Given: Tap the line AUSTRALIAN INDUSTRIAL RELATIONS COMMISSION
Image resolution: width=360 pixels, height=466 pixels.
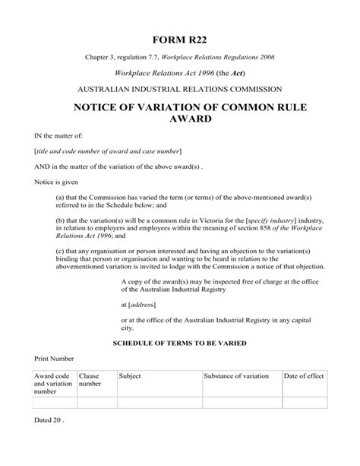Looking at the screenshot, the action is point(179,89).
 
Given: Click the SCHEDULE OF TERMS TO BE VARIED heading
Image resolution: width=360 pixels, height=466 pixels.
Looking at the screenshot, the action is point(179,344).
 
